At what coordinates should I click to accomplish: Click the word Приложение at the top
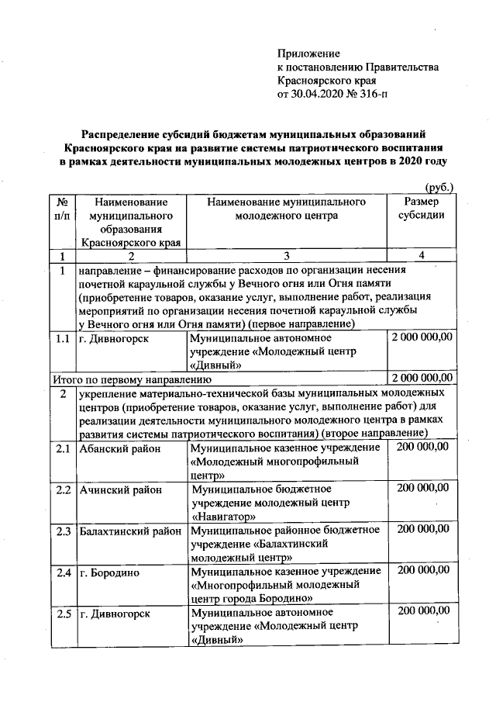click(x=308, y=54)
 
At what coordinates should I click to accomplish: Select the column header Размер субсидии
click(x=421, y=208)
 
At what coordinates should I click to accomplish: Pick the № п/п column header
click(x=62, y=208)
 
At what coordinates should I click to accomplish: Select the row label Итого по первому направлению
click(x=132, y=379)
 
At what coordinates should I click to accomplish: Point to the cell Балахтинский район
click(x=130, y=531)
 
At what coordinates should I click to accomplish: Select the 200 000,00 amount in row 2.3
click(x=422, y=530)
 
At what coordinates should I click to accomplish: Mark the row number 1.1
click(x=63, y=338)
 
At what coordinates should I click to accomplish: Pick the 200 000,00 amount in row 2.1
click(x=422, y=448)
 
